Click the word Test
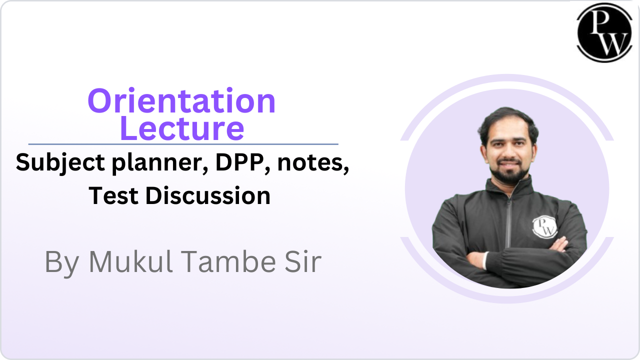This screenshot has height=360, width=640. click(114, 195)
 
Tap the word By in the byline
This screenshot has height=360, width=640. click(61, 262)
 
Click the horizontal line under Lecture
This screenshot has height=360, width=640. click(183, 144)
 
